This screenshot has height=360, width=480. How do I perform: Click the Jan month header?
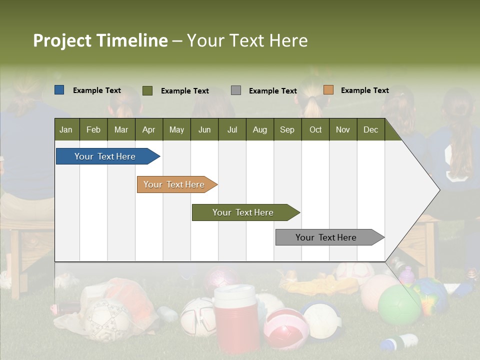point(66,129)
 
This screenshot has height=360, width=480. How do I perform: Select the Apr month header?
point(149,129)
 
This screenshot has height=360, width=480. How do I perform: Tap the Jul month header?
point(232,129)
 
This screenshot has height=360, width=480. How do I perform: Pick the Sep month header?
point(287,129)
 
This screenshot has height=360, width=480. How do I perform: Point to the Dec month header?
point(370,129)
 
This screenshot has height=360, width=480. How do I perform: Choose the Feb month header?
point(93,129)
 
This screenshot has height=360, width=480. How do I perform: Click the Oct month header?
point(315,129)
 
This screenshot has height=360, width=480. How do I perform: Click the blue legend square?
point(59,90)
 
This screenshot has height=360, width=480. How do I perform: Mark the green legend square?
point(147,90)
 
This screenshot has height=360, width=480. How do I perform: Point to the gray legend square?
point(236,90)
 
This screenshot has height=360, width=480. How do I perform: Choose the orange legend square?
point(328,90)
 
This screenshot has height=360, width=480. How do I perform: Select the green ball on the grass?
point(399,304)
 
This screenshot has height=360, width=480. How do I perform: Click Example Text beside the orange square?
point(364,90)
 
